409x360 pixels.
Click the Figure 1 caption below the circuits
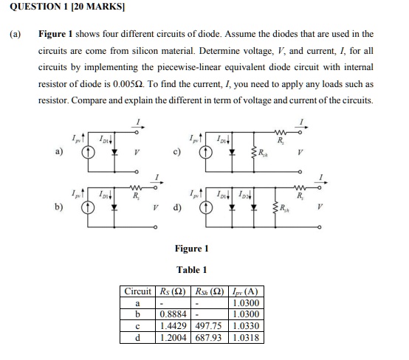(x=191, y=248)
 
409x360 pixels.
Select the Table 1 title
(x=191, y=269)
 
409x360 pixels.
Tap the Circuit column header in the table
(x=137, y=291)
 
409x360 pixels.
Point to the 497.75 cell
(x=209, y=324)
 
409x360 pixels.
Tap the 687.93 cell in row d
(x=209, y=335)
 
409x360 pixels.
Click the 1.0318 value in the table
(x=244, y=335)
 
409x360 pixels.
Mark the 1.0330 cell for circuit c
(x=244, y=324)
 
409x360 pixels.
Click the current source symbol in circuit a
(x=87, y=154)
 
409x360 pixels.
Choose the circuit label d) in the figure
(x=176, y=208)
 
